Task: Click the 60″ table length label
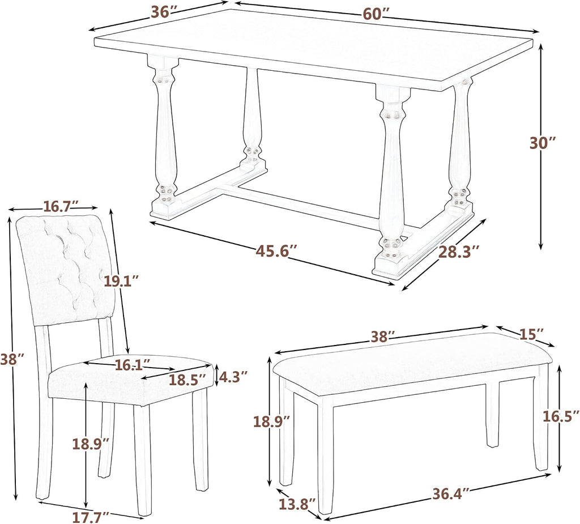(376, 14)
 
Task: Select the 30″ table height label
(543, 143)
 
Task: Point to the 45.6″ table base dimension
(276, 251)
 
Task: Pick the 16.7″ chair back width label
(61, 206)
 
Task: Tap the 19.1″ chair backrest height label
(121, 281)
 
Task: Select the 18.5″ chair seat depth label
(187, 380)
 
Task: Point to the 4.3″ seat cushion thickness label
(233, 377)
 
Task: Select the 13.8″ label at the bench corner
(297, 504)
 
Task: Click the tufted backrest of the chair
(66, 270)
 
